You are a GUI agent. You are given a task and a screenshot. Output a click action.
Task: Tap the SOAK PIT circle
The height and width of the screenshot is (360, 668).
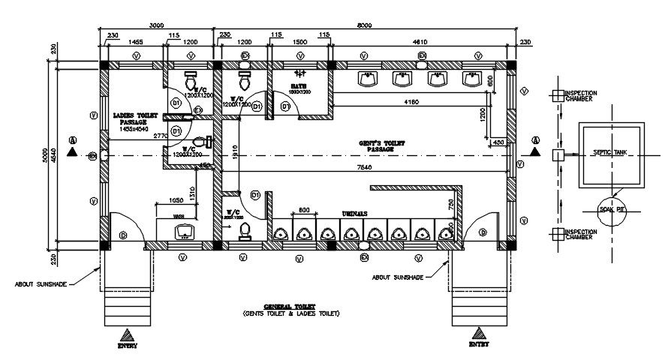(x=612, y=211)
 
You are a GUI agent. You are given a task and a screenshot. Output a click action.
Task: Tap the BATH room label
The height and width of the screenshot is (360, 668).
(x=299, y=87)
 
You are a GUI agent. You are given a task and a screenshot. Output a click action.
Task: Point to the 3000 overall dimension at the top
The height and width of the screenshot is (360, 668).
(x=156, y=25)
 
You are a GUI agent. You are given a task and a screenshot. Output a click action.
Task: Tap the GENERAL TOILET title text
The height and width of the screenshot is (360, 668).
(x=290, y=307)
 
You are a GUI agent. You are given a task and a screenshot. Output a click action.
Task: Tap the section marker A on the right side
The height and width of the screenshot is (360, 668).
(x=535, y=140)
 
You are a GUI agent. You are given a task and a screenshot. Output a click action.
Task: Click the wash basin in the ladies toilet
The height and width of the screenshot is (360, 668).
(x=185, y=232)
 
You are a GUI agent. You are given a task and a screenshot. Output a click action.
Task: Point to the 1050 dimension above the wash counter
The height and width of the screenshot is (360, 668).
(x=176, y=200)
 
